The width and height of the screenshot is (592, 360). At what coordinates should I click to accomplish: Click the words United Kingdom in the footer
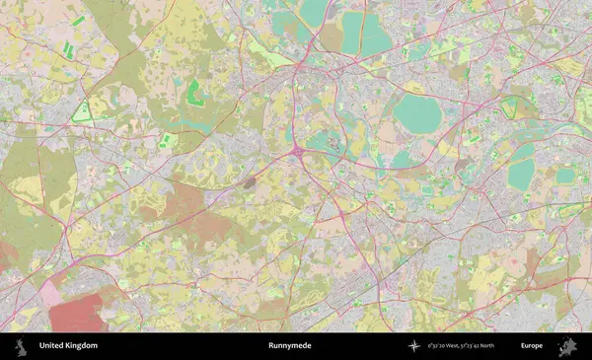[x=68, y=346]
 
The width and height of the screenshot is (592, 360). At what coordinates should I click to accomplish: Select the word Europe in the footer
[x=533, y=346]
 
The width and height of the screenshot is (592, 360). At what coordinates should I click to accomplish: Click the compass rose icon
[x=413, y=346]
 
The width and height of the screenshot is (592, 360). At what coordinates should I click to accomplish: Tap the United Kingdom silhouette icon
[x=20, y=346]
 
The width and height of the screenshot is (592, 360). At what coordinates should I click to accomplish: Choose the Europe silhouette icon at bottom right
[x=567, y=346]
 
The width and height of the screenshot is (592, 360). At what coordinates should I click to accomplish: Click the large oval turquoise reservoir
[x=418, y=115]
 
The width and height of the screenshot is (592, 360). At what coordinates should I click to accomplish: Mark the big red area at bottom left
[x=75, y=313]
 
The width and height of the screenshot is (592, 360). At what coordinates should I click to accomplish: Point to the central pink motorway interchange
[x=297, y=153]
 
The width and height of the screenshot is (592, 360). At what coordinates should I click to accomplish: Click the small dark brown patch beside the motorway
[x=250, y=181]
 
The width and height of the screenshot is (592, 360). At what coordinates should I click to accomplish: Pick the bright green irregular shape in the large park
[x=194, y=94]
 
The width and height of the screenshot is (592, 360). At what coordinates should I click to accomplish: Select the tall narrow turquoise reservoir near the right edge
[x=521, y=165]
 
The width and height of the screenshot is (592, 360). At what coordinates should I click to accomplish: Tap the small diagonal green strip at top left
[x=78, y=21]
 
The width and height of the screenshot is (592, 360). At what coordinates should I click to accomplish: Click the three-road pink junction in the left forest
[x=65, y=229]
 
